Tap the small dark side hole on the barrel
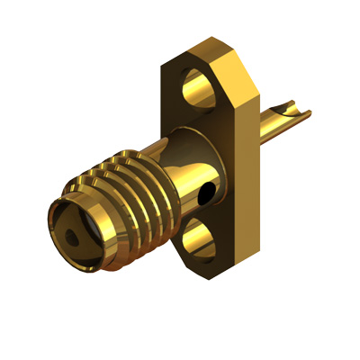click(209, 192)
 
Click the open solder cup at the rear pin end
click(290, 112)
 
